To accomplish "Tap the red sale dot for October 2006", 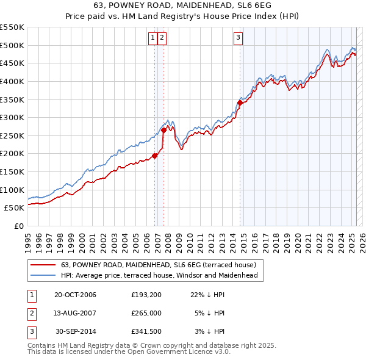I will (x=155, y=156).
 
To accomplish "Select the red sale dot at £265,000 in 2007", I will (x=163, y=130).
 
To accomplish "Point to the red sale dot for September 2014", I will (x=240, y=103).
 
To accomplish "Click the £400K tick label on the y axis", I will (x=12, y=81).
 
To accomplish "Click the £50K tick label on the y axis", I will (x=14, y=207).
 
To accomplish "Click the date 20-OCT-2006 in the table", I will (x=75, y=295).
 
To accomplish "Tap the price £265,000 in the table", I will (x=146, y=314).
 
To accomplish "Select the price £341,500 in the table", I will (x=146, y=332).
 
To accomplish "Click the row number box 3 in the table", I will (x=31, y=332).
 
